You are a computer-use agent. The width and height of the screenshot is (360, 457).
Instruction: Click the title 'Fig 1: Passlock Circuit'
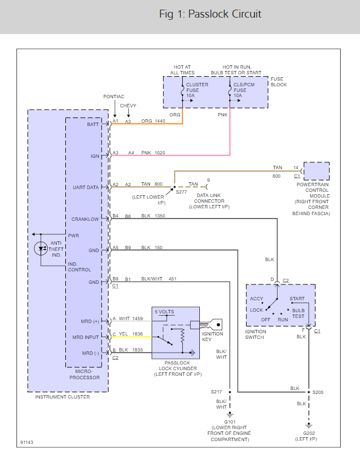point(210,14)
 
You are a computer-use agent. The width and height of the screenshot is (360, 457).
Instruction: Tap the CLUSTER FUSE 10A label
point(197,90)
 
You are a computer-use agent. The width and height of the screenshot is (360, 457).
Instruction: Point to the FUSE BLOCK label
point(279,82)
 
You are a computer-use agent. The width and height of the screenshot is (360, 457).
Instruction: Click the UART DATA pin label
point(86,187)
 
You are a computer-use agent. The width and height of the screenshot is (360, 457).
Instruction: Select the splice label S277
point(181,192)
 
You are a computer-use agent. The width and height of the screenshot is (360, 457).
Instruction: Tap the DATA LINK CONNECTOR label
point(209,201)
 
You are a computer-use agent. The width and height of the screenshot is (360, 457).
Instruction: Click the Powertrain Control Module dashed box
point(317,171)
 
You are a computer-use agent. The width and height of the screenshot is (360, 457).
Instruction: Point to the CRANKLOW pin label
point(85,219)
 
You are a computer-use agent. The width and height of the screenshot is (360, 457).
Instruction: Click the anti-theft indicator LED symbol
point(41,249)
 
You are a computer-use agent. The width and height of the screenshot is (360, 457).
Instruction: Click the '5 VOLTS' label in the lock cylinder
point(165,312)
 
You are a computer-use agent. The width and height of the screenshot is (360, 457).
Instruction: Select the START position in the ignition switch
point(296,299)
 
